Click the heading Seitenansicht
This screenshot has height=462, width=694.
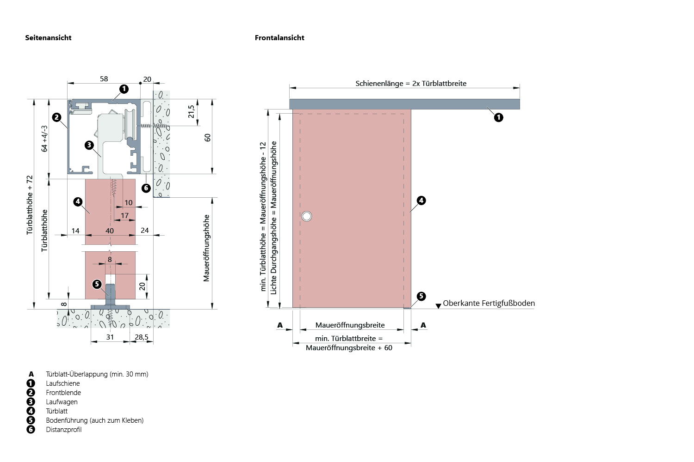point(48,38)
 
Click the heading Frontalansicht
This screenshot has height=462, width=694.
point(279,38)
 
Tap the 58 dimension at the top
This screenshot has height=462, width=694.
point(104,79)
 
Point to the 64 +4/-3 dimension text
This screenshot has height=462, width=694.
point(44,139)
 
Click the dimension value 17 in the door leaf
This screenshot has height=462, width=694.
point(124,216)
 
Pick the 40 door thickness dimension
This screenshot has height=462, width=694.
point(110,231)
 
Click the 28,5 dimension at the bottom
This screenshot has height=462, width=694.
point(142,337)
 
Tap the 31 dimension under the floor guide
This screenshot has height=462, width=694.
point(110,337)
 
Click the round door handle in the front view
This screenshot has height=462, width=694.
point(306,216)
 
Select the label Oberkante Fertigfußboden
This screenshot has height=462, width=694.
point(489,304)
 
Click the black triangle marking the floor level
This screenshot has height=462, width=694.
point(438,306)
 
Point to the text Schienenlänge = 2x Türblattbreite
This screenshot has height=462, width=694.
point(411,84)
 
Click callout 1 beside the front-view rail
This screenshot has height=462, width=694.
point(498,117)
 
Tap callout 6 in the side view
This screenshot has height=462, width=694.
point(146,188)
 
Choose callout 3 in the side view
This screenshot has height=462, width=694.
point(89,145)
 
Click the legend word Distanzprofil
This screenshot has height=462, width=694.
point(64,430)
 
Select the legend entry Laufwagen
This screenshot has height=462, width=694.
point(62,402)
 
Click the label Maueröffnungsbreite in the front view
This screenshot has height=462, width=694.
point(350,325)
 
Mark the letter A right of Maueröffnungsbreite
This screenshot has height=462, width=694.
point(423,325)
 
